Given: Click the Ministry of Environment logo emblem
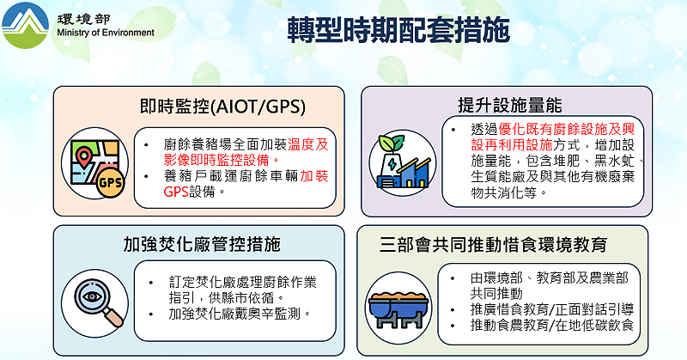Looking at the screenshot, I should click(x=26, y=26).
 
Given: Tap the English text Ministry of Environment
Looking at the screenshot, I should click(x=104, y=34).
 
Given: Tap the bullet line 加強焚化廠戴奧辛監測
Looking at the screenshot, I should click(x=240, y=314).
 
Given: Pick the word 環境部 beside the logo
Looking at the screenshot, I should click(x=75, y=18).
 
